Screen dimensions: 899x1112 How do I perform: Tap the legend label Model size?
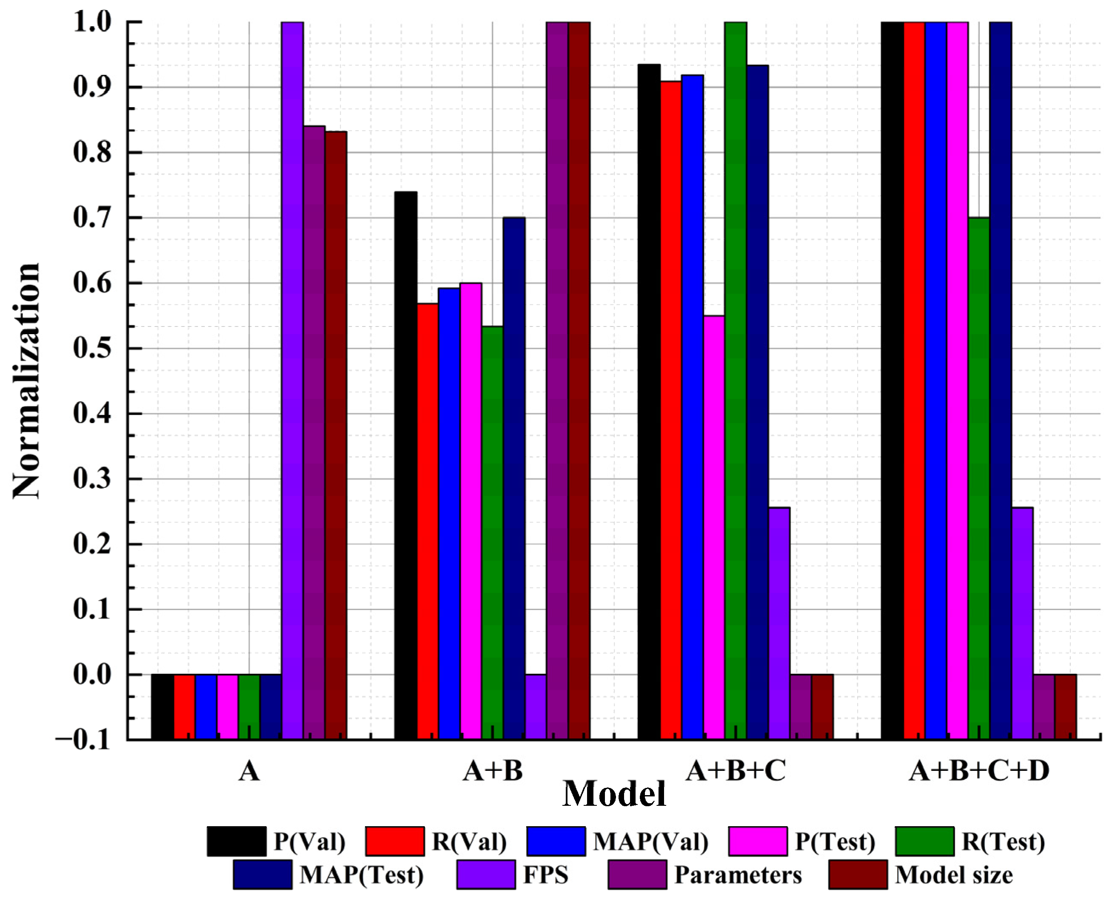point(954,876)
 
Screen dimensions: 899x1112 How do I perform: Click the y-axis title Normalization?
point(26,381)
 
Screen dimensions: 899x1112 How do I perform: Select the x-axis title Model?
point(614,794)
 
